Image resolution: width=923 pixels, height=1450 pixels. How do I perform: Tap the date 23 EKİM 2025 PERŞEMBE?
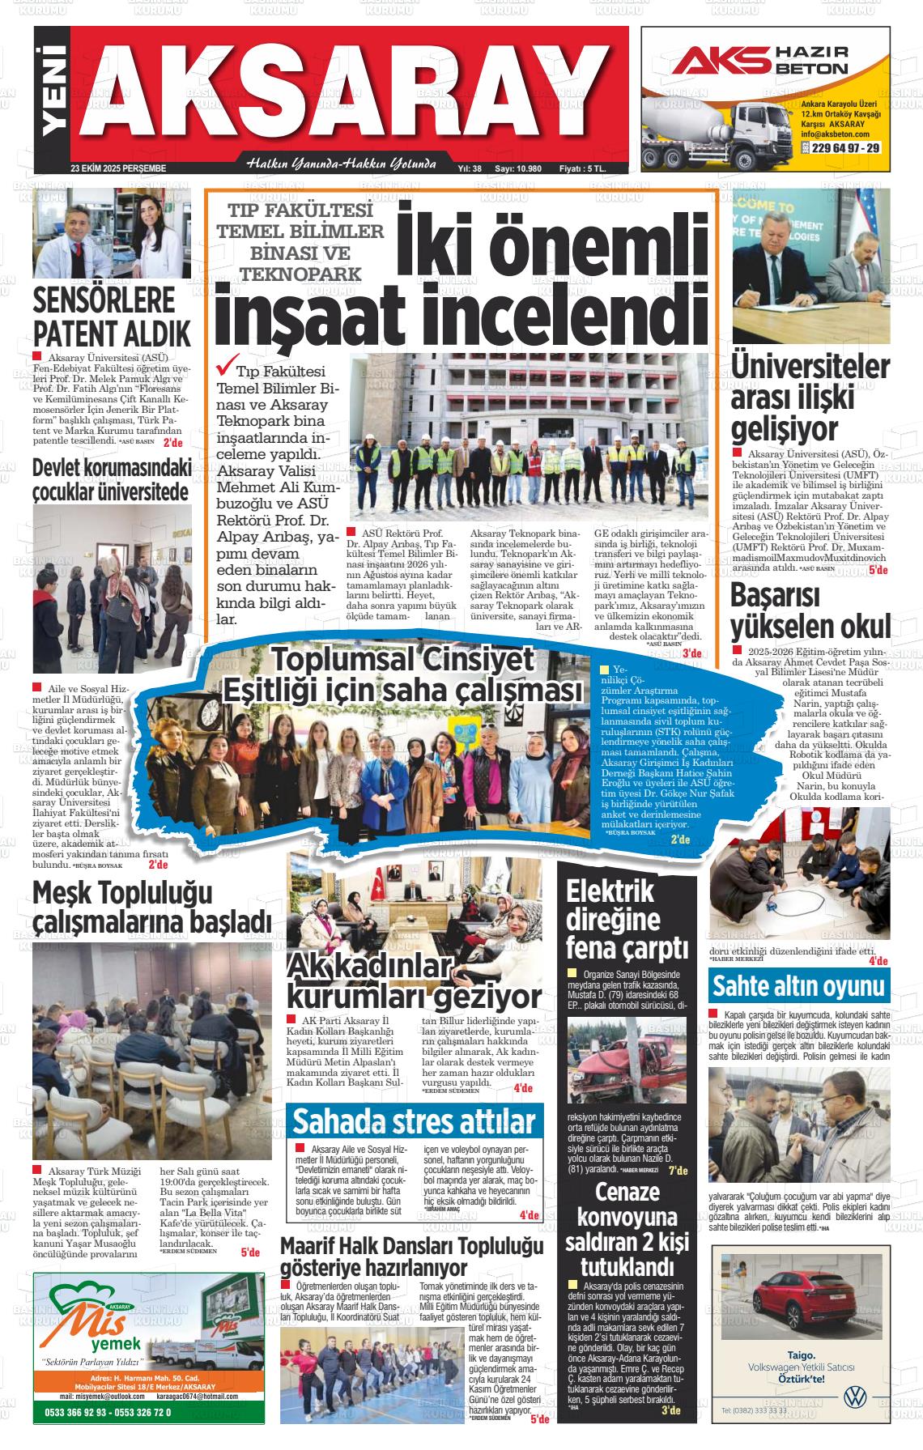(x=118, y=168)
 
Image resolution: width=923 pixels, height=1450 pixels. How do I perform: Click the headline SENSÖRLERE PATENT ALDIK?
(x=112, y=317)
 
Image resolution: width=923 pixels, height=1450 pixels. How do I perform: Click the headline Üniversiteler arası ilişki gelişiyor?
(x=810, y=397)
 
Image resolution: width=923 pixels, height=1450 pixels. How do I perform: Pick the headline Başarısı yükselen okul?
(x=810, y=611)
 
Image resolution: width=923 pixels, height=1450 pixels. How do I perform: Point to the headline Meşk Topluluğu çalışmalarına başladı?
(x=151, y=907)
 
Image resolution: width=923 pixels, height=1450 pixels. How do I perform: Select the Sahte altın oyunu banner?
(x=798, y=987)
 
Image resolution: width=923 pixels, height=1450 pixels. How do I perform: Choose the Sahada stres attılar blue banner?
(x=413, y=1121)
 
